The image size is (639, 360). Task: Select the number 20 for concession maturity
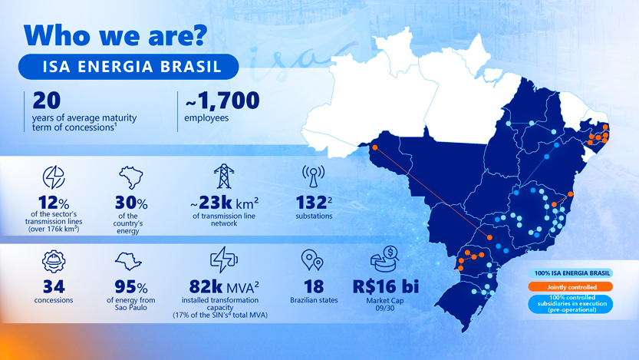tap(40, 101)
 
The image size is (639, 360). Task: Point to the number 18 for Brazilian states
tap(308, 286)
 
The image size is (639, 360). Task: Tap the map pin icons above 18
tap(311, 260)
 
